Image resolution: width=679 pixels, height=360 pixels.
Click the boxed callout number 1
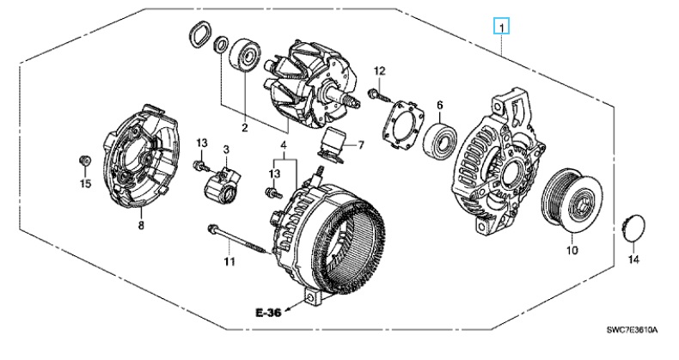pos(501,27)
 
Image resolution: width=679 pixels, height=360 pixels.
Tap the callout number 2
pos(245,128)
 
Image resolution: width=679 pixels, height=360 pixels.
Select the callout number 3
pos(225,149)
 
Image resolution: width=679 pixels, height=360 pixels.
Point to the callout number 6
pos(439,105)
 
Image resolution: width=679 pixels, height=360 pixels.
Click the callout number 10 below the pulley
pos(572,250)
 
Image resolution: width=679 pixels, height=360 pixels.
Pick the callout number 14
pos(633,259)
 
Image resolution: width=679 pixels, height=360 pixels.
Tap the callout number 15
pos(85,184)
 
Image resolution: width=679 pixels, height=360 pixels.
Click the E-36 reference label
pos(268,312)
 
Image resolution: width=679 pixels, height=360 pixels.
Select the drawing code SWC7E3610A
pos(632,331)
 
